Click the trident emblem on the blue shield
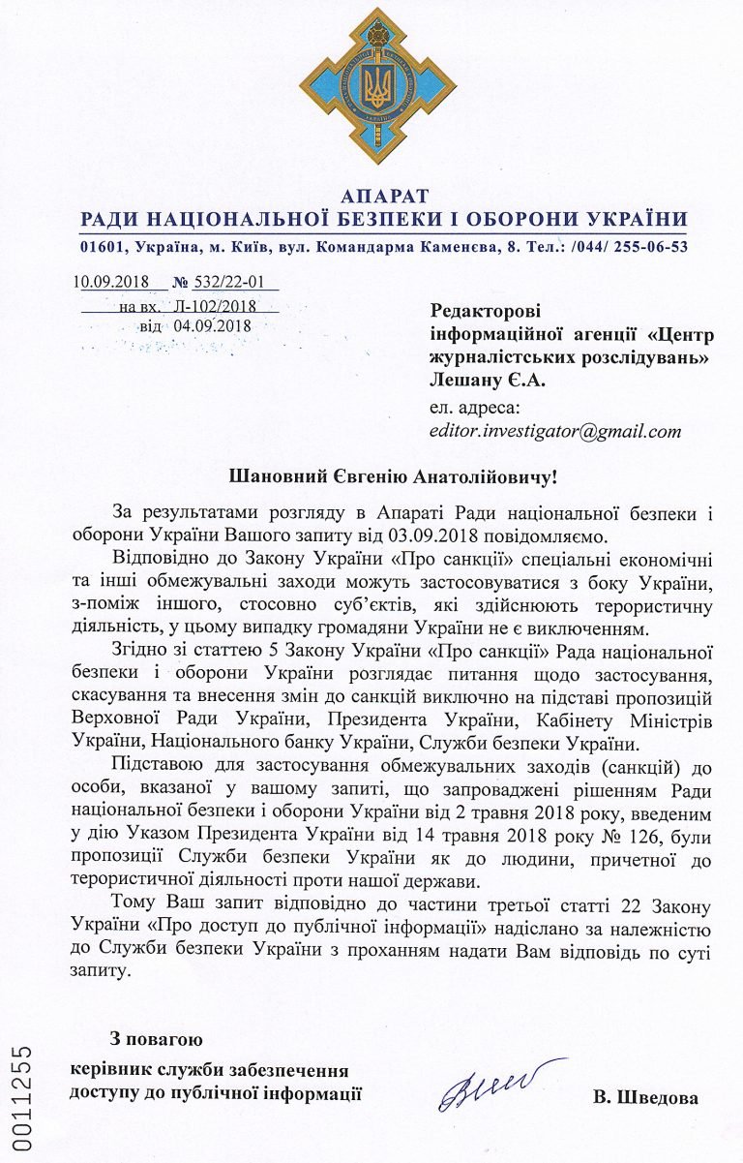372,88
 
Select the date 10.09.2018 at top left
109,283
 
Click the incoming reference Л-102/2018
215,305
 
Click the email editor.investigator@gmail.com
555,431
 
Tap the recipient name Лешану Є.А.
488,382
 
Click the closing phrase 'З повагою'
157,1040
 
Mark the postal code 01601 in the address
104,246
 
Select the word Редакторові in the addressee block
486,311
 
